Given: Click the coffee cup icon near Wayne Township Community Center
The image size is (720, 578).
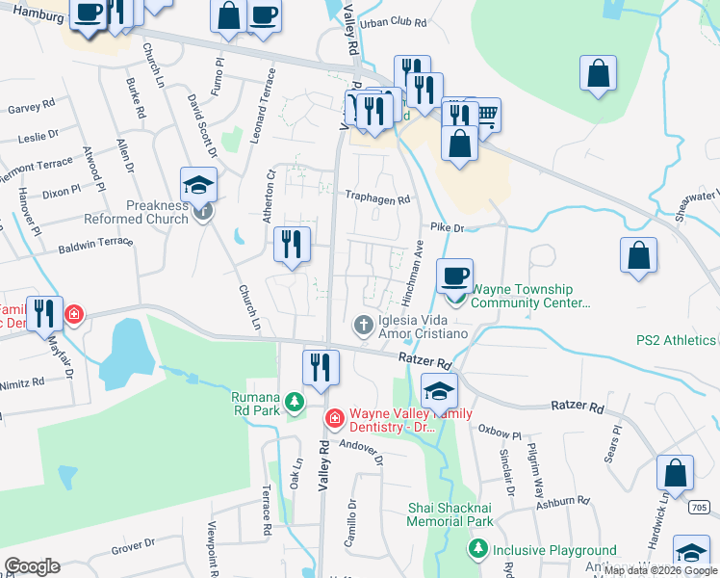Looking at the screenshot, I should (455, 276).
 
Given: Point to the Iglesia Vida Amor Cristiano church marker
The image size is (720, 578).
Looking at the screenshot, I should (364, 325).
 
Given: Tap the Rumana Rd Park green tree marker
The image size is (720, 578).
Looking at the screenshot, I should (296, 401).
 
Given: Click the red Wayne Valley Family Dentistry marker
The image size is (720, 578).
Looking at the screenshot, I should (334, 418).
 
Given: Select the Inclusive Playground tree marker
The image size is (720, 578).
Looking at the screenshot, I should (476, 550).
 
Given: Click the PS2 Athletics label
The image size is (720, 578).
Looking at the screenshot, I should (677, 340).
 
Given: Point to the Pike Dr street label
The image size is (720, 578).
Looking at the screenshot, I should (448, 228).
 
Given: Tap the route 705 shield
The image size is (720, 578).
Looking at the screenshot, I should (700, 507).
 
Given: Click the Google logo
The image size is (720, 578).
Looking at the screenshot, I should (32, 566).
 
